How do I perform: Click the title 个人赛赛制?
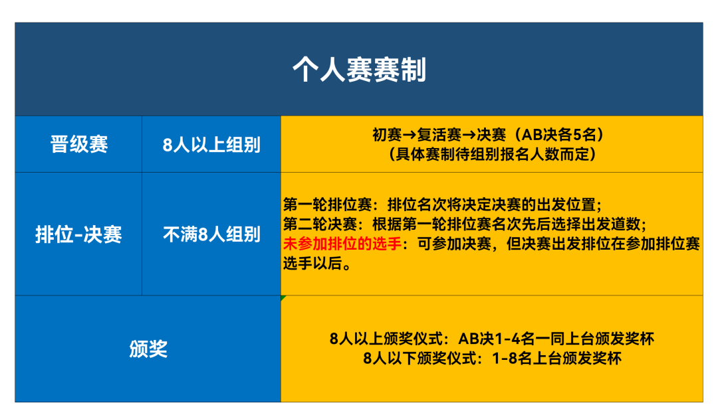click(360, 70)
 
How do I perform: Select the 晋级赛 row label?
click(78, 145)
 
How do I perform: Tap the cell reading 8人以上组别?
click(211, 145)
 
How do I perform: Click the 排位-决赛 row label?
click(78, 234)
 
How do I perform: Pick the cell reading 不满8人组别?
click(211, 234)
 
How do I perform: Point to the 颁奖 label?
click(148, 349)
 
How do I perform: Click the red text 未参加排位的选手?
click(342, 244)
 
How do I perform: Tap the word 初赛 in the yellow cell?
click(387, 135)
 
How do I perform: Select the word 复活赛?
click(439, 135)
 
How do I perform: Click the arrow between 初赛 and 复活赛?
click(410, 135)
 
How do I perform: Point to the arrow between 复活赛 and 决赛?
click(469, 135)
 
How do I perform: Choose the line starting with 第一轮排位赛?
click(442, 205)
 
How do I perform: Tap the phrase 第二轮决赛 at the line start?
click(320, 224)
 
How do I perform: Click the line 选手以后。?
click(317, 264)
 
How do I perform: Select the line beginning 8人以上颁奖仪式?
click(492, 339)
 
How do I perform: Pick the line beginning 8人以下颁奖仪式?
click(492, 358)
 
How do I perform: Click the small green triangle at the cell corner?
click(283, 297)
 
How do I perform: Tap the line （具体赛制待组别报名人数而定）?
click(492, 155)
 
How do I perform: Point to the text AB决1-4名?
click(490, 339)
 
